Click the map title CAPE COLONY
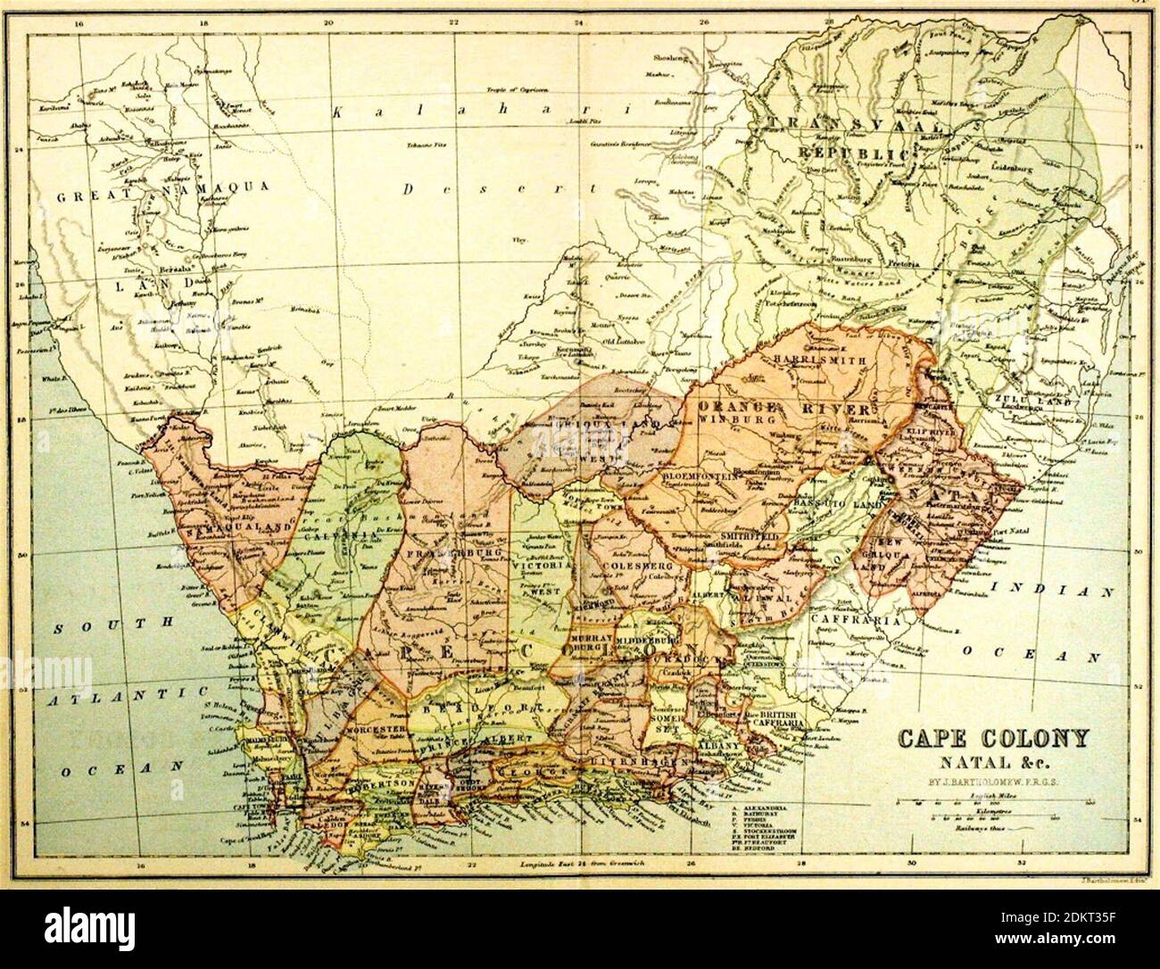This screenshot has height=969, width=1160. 992,740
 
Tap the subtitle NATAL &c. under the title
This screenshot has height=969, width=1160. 991,762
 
